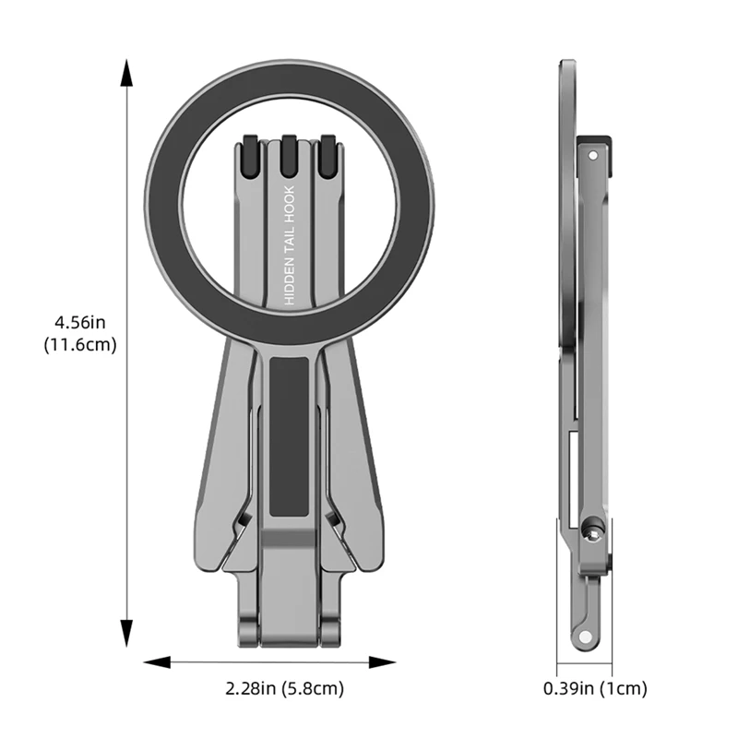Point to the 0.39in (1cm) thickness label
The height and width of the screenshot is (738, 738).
595,688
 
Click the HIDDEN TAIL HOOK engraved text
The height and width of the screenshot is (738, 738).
289,246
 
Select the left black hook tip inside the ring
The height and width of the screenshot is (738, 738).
249,154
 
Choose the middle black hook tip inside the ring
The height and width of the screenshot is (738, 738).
289,154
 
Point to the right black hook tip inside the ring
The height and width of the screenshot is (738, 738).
327,154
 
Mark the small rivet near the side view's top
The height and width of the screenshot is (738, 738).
591,156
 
